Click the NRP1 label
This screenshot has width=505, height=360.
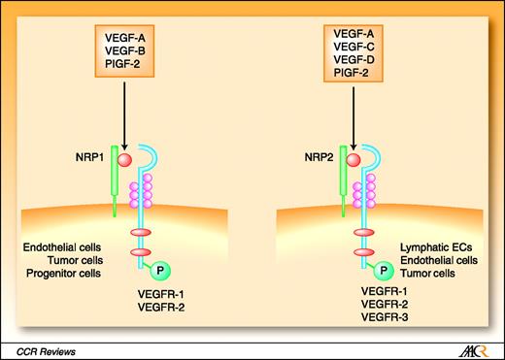pyautogui.click(x=80, y=153)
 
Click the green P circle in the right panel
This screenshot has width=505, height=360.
pyautogui.click(x=386, y=271)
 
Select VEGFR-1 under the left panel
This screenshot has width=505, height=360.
pyautogui.click(x=158, y=292)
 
